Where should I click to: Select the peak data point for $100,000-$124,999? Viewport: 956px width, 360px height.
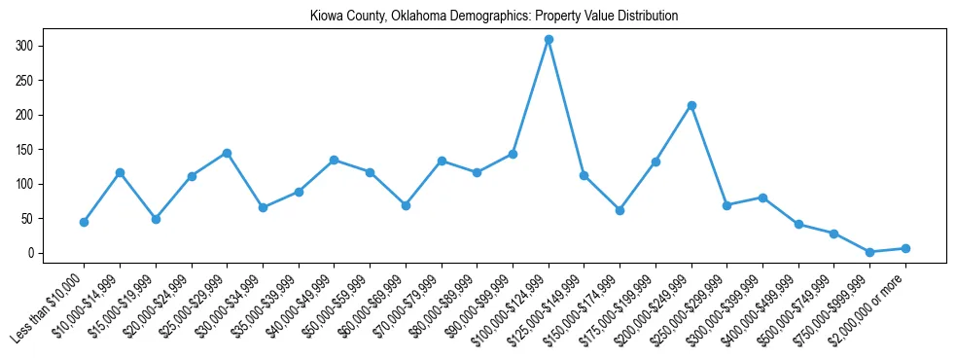[x=549, y=40]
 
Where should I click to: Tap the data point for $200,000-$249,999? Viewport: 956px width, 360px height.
[x=691, y=105]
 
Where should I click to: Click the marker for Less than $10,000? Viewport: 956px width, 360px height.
[x=85, y=222]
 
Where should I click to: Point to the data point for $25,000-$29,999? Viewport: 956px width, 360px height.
[x=227, y=153]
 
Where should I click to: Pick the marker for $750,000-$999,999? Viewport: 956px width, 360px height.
[x=869, y=252]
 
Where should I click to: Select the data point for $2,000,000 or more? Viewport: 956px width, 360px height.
[x=905, y=248]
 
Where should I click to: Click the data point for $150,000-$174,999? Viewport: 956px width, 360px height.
[x=620, y=210]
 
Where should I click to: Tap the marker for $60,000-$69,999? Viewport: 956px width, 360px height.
[x=406, y=205]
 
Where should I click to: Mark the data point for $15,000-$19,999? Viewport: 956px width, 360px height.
[x=156, y=219]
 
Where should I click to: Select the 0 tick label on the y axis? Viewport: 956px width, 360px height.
[x=32, y=253]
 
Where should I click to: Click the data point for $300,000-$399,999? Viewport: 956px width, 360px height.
[x=762, y=198]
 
